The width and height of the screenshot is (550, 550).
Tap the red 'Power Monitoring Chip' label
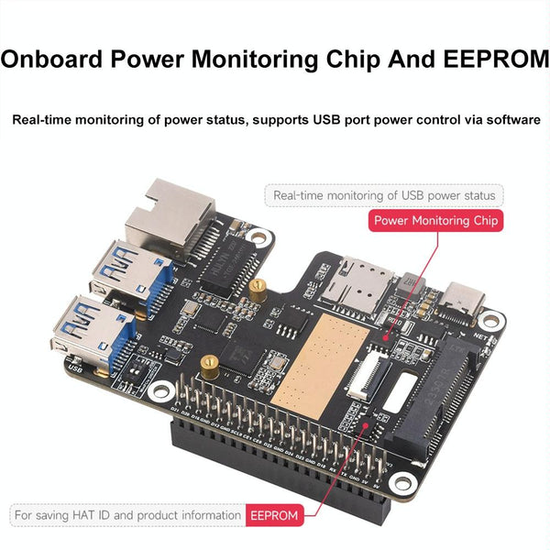pos(436,220)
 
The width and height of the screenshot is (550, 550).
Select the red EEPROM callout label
pos(273,516)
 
